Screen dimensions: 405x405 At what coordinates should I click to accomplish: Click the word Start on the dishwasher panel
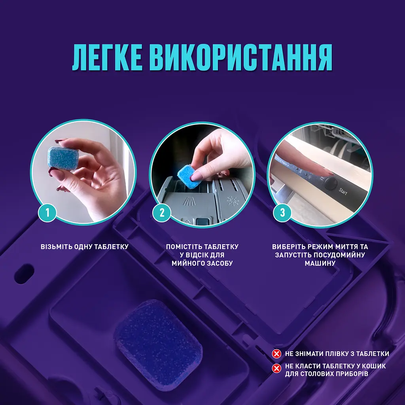[x=343, y=192]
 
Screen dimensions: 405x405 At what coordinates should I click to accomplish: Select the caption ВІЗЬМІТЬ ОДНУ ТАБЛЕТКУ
[x=85, y=247]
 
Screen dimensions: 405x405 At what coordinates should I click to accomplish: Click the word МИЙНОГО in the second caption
[x=188, y=263]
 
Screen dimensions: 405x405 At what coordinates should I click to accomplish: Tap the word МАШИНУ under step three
[x=320, y=263]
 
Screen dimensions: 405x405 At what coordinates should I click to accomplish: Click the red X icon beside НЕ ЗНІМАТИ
[x=277, y=354]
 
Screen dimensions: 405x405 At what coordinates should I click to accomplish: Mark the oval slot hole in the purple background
[x=25, y=273]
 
